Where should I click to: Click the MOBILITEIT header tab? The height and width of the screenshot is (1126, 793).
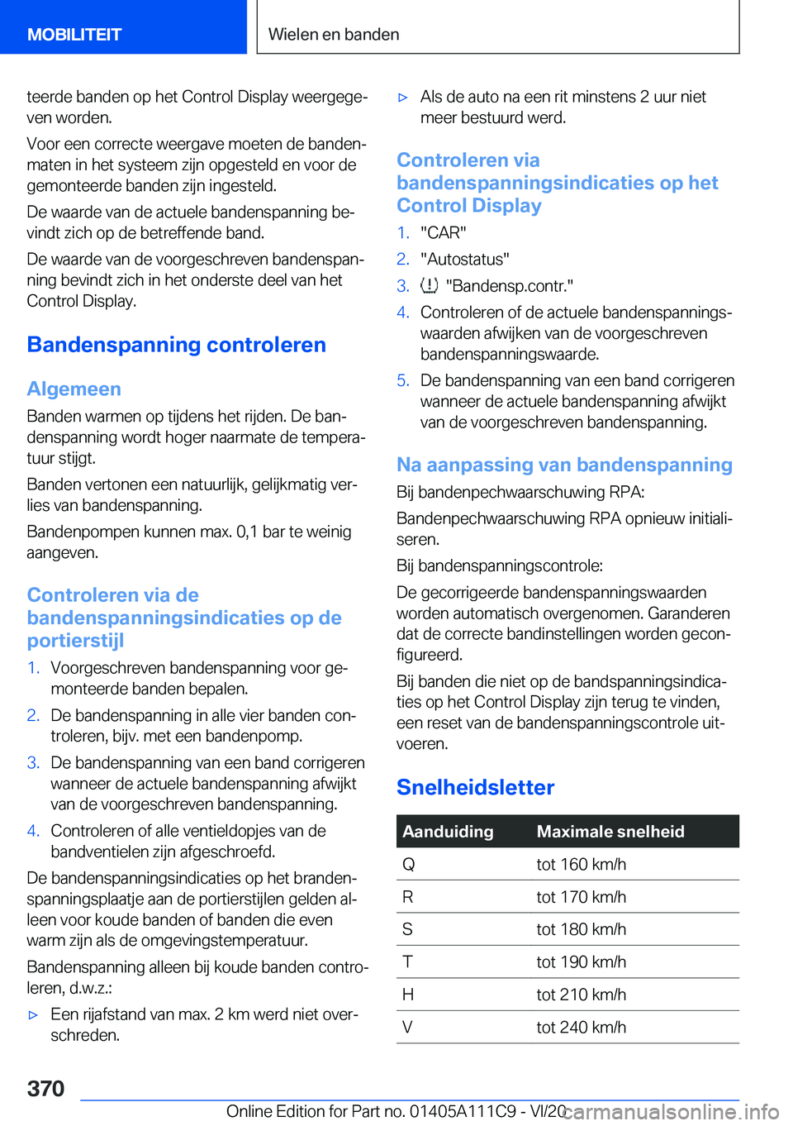click(x=74, y=35)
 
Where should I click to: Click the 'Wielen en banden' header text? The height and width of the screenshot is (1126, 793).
click(x=334, y=35)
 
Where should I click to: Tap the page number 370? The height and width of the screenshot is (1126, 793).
click(x=45, y=1088)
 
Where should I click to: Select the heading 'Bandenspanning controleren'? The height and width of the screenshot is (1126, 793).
click(x=176, y=345)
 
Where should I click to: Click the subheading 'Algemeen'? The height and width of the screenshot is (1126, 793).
click(x=74, y=389)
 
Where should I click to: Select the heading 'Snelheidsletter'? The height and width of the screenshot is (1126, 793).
click(x=475, y=787)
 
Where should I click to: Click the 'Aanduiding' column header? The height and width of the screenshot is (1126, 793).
click(x=448, y=832)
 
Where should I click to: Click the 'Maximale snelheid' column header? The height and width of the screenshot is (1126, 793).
click(x=610, y=832)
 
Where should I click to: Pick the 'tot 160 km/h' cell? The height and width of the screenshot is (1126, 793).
click(x=581, y=864)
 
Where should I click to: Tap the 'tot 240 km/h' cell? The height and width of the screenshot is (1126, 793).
click(x=581, y=1027)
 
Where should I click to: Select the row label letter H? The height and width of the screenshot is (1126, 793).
click(x=407, y=995)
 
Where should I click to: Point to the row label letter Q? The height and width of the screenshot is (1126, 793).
click(x=408, y=864)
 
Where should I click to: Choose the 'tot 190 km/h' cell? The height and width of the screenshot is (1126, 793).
click(x=581, y=961)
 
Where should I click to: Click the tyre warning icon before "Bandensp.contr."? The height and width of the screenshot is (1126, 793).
click(x=429, y=286)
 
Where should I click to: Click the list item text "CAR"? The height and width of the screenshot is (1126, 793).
click(x=443, y=232)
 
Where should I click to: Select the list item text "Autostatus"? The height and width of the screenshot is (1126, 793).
click(x=464, y=259)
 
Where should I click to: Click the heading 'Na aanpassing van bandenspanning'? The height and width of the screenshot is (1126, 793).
click(x=564, y=465)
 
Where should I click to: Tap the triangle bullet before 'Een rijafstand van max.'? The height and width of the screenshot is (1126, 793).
click(x=33, y=1014)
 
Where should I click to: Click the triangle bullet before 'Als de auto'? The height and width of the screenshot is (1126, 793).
click(x=403, y=98)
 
